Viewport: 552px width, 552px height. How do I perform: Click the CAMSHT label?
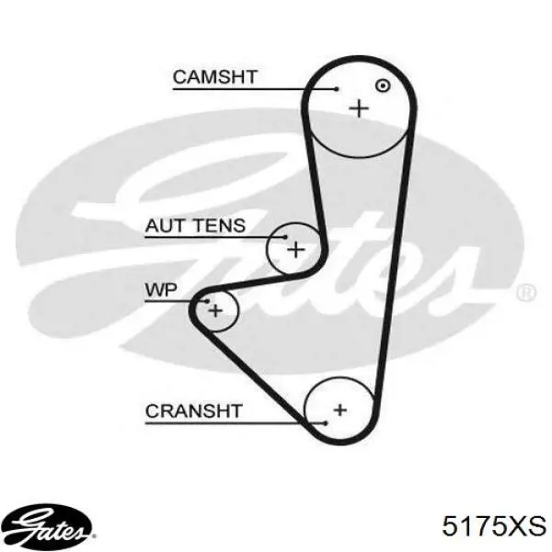[215, 77]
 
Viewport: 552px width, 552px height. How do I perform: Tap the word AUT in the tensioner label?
[165, 225]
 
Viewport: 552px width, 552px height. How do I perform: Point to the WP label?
[161, 290]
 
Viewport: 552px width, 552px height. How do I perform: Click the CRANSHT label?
[194, 411]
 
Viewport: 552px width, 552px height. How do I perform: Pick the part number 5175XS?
[494, 526]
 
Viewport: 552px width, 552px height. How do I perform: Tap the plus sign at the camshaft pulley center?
[359, 108]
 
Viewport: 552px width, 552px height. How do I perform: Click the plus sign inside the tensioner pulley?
[296, 249]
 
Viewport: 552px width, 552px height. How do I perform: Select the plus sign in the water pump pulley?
[215, 311]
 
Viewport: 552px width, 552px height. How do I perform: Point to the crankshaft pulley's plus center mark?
[340, 409]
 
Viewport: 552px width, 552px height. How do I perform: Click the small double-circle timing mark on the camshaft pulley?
[383, 86]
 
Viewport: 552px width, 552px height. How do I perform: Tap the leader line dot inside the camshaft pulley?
[337, 89]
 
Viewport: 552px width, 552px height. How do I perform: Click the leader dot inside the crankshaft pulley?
[326, 423]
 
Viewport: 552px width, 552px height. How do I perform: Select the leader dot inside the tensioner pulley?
[285, 237]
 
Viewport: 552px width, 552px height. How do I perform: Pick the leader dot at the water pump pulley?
[207, 301]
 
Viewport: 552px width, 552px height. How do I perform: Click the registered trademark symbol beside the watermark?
[526, 293]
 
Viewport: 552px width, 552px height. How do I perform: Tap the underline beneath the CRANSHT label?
[236, 423]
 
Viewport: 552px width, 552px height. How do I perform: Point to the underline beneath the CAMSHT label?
[255, 89]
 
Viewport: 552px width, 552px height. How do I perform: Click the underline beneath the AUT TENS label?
[215, 237]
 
